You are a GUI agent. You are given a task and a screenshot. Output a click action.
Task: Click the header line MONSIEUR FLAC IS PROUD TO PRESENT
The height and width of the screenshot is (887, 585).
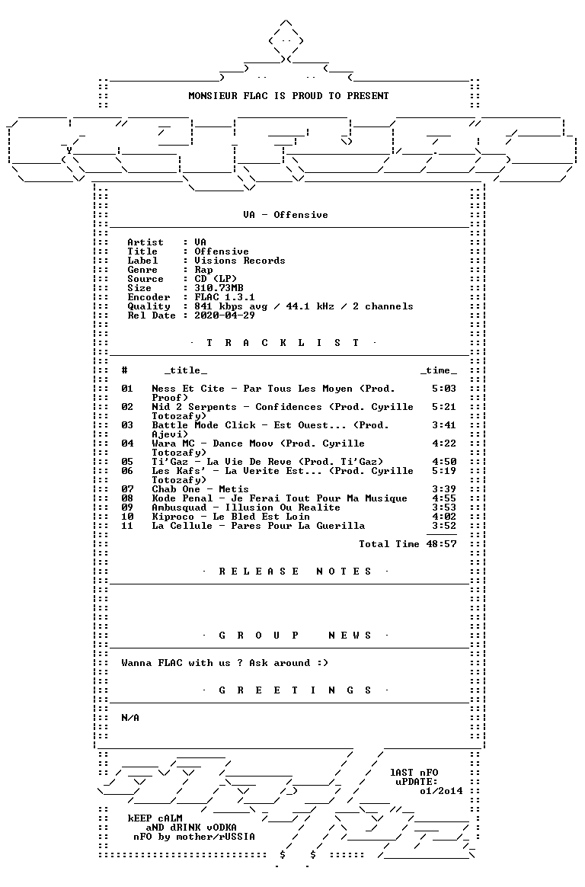pos(288,96)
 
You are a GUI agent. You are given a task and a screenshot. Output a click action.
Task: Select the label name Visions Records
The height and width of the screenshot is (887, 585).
pos(240,261)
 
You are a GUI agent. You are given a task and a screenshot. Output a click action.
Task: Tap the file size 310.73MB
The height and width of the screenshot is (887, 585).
pos(219,288)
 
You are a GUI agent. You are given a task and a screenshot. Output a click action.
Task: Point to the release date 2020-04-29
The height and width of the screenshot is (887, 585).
pos(225,315)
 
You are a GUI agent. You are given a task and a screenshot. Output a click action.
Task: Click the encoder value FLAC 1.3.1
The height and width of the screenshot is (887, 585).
pos(225,297)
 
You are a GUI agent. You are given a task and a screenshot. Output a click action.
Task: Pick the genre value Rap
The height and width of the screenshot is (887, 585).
pos(203,270)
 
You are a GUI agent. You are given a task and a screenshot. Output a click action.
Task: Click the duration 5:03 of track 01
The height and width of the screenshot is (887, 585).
pos(443,389)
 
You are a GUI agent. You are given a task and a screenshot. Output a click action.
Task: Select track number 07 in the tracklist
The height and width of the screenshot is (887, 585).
pos(127,489)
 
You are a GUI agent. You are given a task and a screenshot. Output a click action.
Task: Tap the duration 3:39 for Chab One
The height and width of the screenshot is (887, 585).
pos(443,489)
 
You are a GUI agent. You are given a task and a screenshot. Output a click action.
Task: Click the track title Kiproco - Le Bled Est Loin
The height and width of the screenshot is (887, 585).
pos(231,517)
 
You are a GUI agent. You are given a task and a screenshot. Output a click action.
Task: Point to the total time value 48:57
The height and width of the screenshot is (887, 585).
pos(441,544)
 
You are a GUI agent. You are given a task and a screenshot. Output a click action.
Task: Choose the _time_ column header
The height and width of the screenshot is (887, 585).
pos(438,371)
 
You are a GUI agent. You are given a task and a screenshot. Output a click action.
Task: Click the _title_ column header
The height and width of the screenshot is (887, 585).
pos(185,371)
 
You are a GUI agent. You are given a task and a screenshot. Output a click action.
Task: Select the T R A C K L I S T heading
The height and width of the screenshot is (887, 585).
pos(283,343)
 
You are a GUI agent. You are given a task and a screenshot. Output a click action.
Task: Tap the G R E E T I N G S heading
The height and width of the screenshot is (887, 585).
pos(295,690)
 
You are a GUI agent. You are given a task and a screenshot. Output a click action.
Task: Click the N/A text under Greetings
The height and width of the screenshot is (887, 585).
pos(130,718)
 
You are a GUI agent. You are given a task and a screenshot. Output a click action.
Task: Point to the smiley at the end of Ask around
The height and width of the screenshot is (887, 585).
pos(322,663)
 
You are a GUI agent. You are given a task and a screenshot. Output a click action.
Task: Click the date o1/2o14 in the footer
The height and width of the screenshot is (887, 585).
pos(441,792)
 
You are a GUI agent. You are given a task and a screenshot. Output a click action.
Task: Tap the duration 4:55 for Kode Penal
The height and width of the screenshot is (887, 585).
pos(443,498)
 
